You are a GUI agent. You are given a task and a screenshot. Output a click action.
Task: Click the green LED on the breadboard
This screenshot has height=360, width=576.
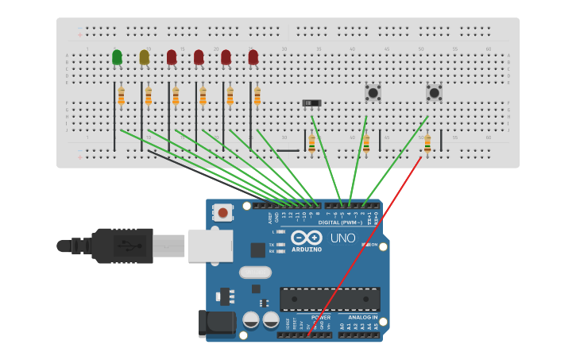[x=117, y=57]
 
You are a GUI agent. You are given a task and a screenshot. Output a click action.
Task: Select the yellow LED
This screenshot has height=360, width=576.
[x=144, y=57]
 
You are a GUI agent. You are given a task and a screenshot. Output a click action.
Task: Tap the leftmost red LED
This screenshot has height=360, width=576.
[x=172, y=57]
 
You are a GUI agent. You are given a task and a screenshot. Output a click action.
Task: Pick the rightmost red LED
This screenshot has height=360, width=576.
[x=253, y=57]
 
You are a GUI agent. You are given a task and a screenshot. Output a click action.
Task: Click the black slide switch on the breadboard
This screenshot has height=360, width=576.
[x=312, y=103]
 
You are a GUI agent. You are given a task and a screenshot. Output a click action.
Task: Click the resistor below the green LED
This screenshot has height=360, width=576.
[x=121, y=96]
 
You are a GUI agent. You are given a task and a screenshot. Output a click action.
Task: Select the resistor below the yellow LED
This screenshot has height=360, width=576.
[x=148, y=96]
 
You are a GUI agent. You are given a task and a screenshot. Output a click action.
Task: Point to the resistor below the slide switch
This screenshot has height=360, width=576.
[x=311, y=143]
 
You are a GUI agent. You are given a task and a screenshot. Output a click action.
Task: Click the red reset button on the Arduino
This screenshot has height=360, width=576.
[x=223, y=212]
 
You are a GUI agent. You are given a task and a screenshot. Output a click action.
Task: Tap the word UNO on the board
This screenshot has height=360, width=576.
[x=342, y=238]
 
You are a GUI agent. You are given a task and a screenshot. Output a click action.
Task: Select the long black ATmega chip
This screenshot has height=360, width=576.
[x=329, y=300]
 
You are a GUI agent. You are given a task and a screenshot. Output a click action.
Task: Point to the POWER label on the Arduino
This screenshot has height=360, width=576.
[x=320, y=317]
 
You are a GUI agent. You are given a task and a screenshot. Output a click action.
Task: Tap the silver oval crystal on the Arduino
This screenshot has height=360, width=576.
[x=255, y=273]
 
